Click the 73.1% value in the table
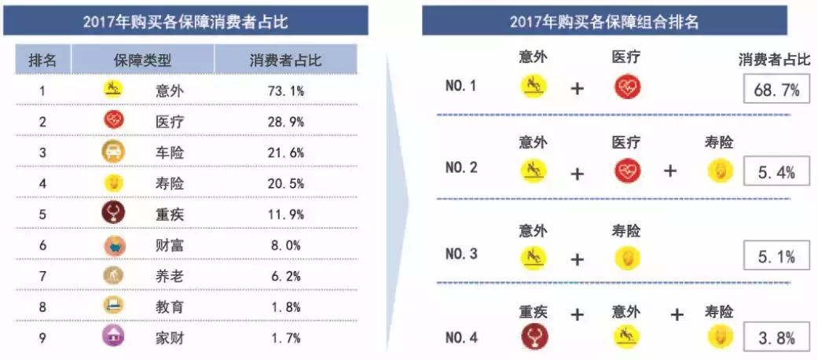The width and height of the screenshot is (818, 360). click(284, 90)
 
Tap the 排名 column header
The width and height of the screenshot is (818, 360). click(42, 61)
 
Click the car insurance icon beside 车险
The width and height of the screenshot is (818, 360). click(114, 152)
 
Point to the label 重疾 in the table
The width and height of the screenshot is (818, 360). click(169, 214)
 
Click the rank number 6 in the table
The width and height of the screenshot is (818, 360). click(42, 245)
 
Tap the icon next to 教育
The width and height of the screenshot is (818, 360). click(114, 307)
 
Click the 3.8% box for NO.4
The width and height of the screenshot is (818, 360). click(776, 338)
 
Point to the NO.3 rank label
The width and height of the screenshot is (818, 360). click(461, 254)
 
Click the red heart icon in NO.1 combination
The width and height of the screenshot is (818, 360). click(627, 86)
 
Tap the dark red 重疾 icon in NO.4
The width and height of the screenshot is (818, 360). click(534, 337)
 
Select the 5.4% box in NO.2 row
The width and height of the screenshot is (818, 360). click(776, 171)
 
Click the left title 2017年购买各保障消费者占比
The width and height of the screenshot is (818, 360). click(185, 22)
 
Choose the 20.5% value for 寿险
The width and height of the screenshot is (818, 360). click(284, 183)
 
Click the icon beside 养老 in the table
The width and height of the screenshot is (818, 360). click(114, 276)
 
